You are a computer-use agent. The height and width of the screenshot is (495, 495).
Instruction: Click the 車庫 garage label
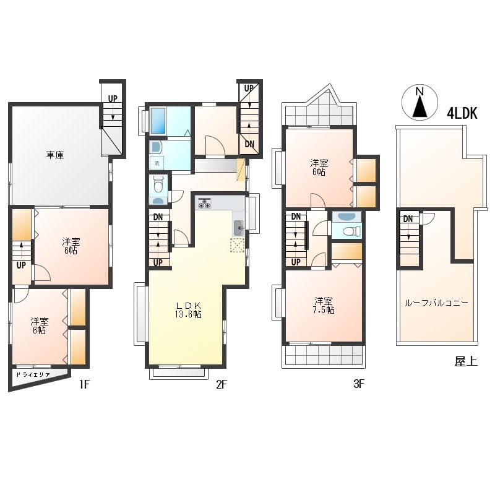point(55,155)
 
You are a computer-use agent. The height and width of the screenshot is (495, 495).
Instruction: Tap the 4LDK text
point(462,113)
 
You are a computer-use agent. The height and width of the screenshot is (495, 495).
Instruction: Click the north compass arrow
point(420,106)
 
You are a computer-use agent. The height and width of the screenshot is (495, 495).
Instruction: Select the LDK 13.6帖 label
point(189,310)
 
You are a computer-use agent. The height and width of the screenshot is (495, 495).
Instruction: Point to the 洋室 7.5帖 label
point(324,305)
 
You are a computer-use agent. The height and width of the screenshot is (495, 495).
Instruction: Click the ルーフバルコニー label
point(436,303)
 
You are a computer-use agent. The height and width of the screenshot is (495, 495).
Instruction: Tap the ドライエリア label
point(33,375)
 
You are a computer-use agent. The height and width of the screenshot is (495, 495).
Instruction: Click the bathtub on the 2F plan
point(158,121)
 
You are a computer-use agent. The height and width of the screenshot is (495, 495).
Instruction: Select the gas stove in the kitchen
point(204,203)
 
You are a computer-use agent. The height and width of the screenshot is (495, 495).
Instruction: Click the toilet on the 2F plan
point(158,184)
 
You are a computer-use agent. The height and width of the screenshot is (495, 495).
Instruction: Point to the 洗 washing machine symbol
point(157,163)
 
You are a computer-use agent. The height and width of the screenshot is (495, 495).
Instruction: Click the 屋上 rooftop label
point(466,361)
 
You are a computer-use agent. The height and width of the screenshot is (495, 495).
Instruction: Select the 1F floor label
point(85,384)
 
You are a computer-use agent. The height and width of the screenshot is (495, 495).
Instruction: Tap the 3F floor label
point(359,384)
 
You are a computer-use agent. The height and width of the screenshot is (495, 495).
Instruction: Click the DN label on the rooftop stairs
point(408,219)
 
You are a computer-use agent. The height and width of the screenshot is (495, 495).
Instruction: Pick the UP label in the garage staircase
point(113,99)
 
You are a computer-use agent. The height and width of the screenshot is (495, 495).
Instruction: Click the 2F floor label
point(222,384)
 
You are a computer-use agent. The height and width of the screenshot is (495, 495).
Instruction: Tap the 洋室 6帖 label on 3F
point(319,168)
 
